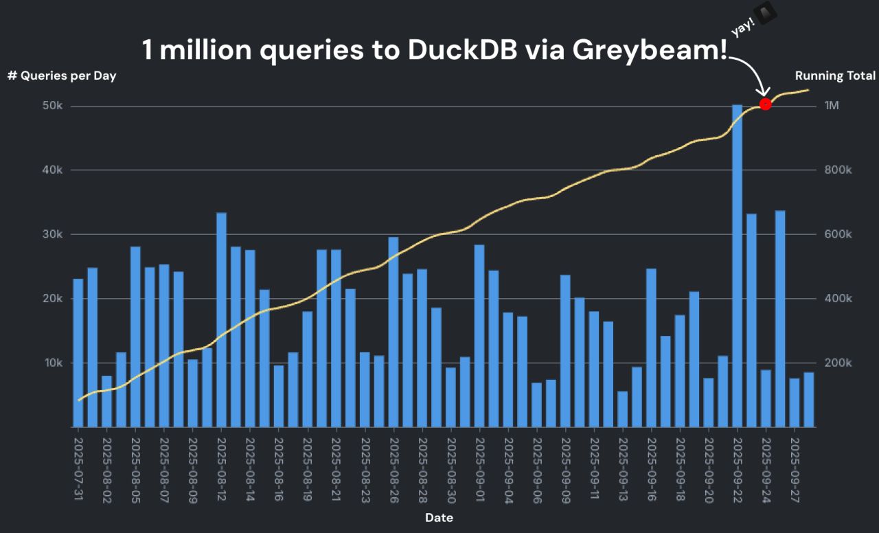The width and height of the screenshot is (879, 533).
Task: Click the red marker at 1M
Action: click(x=765, y=104)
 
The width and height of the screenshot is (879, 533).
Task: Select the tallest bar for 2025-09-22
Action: click(x=737, y=266)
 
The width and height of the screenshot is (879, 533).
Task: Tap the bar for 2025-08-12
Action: click(x=221, y=320)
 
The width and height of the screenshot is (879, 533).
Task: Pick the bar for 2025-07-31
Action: click(x=78, y=353)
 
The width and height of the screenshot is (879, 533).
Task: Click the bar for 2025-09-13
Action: click(x=622, y=409)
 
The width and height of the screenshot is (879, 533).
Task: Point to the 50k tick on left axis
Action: click(x=53, y=106)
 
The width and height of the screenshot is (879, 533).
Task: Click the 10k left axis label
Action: click(x=54, y=363)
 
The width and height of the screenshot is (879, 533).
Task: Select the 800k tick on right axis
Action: click(x=838, y=170)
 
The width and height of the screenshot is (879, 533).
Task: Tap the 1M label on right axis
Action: click(x=832, y=106)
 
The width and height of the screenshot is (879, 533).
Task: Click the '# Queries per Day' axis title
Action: click(x=62, y=76)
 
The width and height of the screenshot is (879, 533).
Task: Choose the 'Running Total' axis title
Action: click(x=835, y=76)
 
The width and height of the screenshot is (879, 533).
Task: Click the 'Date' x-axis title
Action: click(x=439, y=518)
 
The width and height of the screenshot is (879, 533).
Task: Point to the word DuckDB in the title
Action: click(x=463, y=50)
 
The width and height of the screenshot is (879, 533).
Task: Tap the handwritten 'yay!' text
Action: click(x=743, y=27)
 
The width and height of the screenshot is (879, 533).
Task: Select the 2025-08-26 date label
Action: click(x=393, y=470)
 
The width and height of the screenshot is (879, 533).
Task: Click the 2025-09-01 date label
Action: click(x=479, y=469)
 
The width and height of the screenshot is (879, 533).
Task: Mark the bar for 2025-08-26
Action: click(x=393, y=332)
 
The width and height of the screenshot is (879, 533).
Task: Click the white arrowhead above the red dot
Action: click(x=764, y=92)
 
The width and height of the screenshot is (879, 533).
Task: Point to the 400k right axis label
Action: click(x=838, y=299)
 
